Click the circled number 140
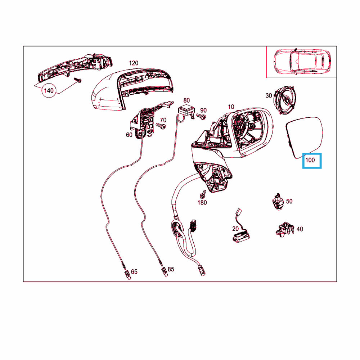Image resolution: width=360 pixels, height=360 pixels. click(49, 90)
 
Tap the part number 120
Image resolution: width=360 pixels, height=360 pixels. click(134, 63)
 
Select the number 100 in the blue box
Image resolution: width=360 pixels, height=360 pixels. click(310, 160)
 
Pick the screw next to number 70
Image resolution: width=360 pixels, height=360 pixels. click(161, 126)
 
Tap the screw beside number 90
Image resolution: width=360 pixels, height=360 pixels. click(201, 116)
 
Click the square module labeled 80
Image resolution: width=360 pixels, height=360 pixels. click(186, 110)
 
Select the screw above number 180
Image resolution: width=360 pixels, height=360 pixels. click(203, 194)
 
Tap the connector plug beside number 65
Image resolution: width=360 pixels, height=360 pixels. click(127, 275)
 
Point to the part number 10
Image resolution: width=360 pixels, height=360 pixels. click(231, 107)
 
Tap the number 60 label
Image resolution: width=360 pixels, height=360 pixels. click(129, 135)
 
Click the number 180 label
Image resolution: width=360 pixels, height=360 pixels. click(202, 202)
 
